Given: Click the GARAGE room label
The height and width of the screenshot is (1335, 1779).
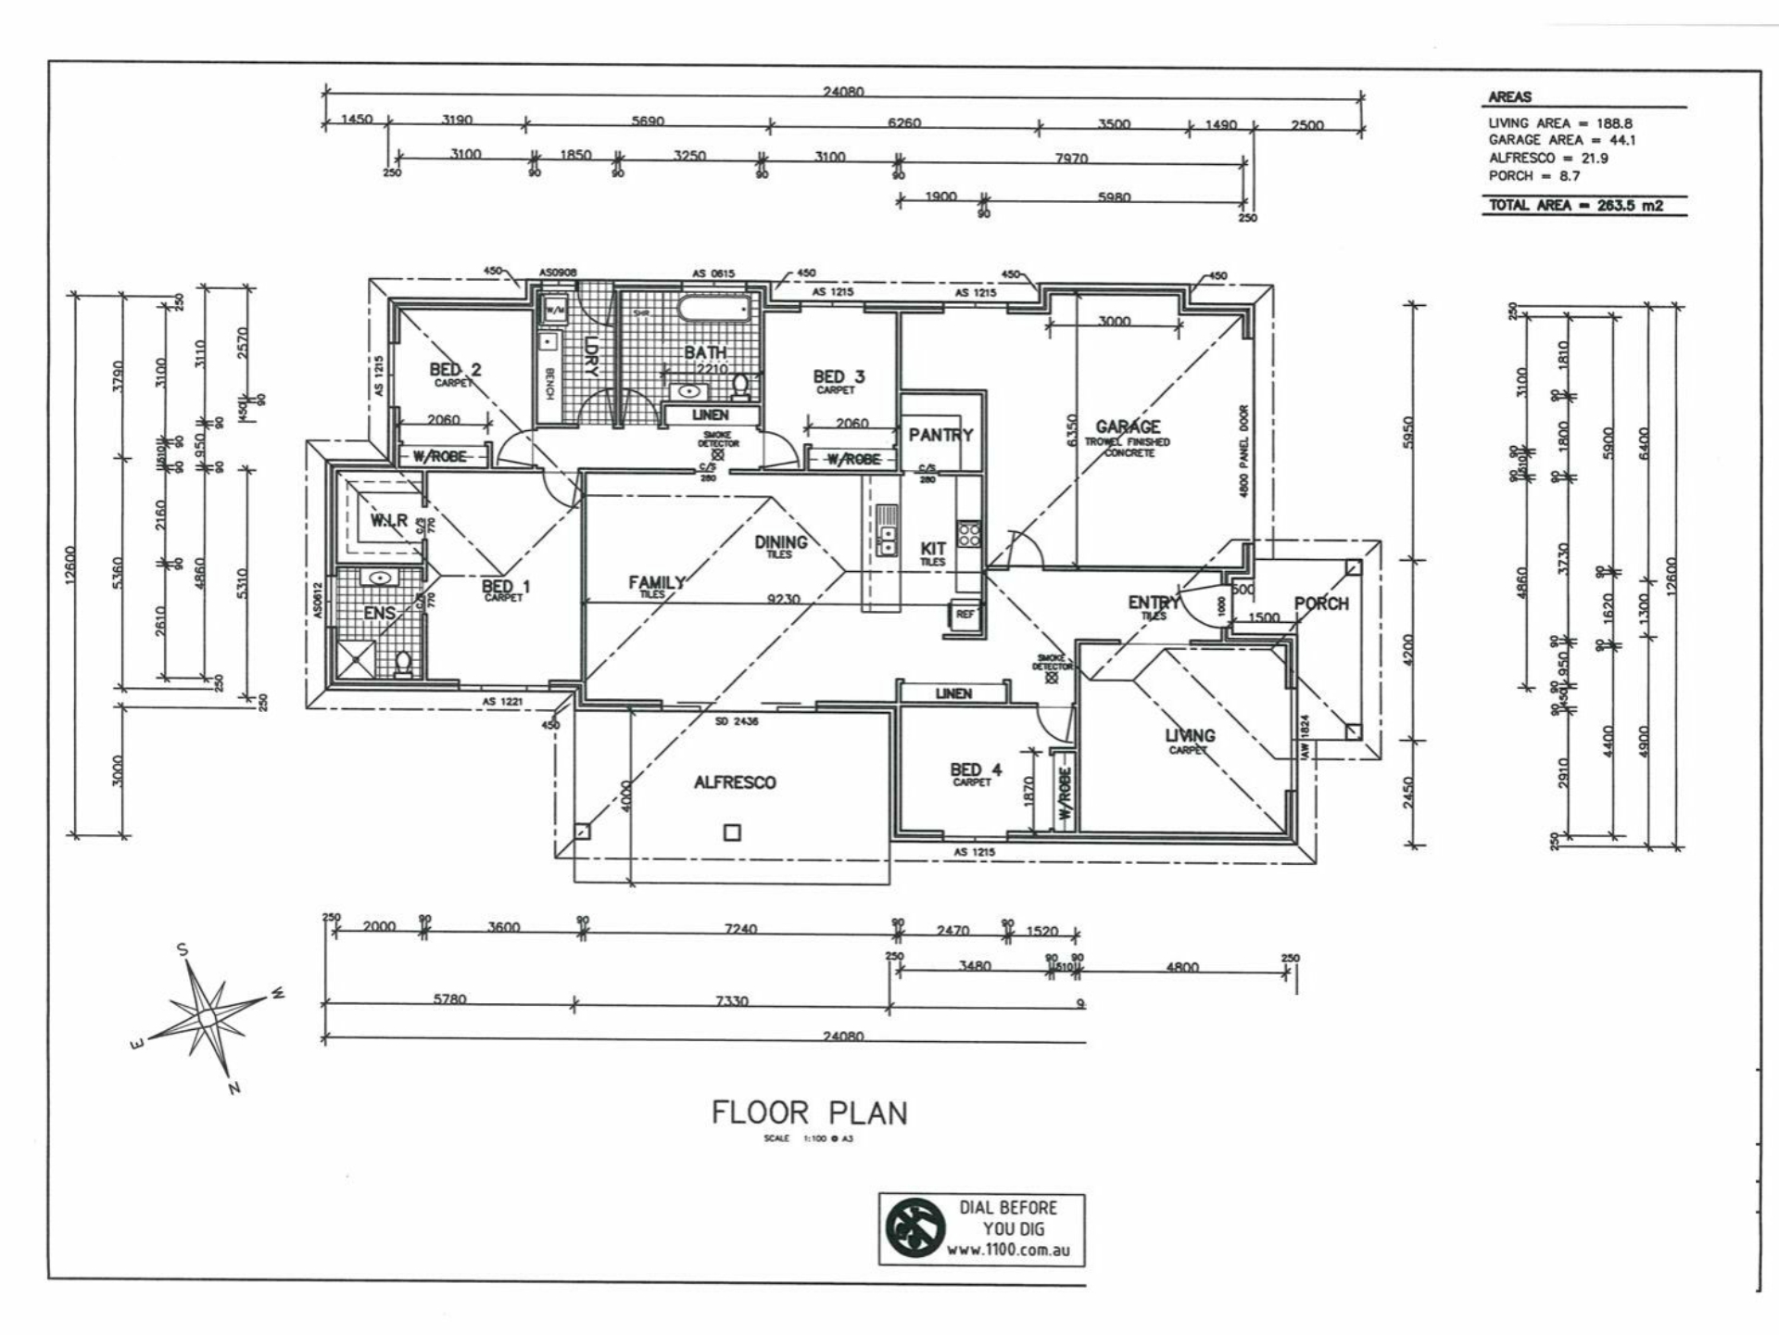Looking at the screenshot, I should (x=1128, y=427).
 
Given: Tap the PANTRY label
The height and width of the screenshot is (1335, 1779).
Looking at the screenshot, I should (x=940, y=435).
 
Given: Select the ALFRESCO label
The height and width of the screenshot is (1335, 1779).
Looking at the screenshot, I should (x=735, y=782).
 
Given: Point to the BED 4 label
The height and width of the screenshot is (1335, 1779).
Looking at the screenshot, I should (x=976, y=770).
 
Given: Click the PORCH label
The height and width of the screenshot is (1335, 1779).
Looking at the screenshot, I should (x=1321, y=604).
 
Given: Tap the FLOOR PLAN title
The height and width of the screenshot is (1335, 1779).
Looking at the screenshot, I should (x=809, y=1112).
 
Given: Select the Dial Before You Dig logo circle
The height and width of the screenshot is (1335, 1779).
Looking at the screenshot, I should (x=915, y=1229).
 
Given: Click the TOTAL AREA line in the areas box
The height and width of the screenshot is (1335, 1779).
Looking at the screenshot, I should (x=1575, y=206).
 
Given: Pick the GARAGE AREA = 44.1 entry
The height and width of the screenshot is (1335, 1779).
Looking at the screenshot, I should (x=1561, y=140).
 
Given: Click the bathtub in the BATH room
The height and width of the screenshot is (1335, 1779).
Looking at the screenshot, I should (x=713, y=310).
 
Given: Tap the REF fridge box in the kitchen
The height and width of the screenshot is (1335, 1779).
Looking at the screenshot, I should (x=965, y=614).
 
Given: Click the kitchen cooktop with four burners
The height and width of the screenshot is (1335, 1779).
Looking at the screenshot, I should (x=969, y=533).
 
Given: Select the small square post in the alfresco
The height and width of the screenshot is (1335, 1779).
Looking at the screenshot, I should (x=732, y=833).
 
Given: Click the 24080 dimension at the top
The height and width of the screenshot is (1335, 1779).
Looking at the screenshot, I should (x=843, y=92).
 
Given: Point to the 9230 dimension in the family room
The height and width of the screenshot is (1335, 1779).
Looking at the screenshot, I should (x=784, y=600).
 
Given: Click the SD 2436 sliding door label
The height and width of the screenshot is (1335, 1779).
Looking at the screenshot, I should (x=738, y=721).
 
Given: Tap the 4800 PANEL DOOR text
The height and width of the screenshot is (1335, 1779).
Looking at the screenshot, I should (x=1244, y=450).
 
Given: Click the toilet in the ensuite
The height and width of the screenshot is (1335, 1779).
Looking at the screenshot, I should (x=403, y=664).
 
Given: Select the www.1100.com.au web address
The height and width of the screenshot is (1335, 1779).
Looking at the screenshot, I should (x=1008, y=1251).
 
